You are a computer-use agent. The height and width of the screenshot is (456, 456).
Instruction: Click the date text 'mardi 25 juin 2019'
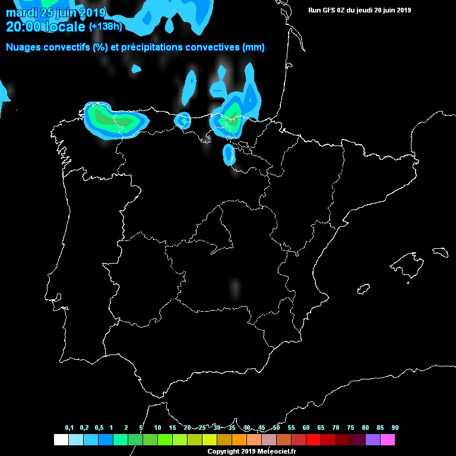click(56, 12)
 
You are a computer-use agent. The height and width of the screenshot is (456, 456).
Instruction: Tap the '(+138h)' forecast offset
click(106, 27)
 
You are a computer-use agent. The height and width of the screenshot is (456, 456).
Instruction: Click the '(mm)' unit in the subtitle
click(254, 47)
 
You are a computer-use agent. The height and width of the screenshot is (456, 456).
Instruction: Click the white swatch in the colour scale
click(61, 440)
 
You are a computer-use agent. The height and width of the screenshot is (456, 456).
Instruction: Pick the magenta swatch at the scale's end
click(388, 440)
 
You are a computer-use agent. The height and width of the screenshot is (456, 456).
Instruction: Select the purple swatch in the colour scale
click(373, 440)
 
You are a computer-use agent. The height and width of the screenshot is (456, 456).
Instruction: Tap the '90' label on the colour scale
click(395, 427)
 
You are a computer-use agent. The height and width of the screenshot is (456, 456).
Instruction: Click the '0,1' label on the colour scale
click(69, 427)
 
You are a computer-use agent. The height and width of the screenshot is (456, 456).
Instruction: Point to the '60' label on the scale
click(306, 427)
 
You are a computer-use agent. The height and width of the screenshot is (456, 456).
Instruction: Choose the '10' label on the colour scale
click(157, 427)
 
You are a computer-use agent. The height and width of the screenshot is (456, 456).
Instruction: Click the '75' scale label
click(350, 427)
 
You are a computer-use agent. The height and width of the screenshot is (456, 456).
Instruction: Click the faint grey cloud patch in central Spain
click(236, 287)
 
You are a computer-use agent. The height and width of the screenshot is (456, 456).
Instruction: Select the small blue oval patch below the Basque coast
click(229, 154)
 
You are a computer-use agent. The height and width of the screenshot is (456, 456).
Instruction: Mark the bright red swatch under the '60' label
click(313, 440)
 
